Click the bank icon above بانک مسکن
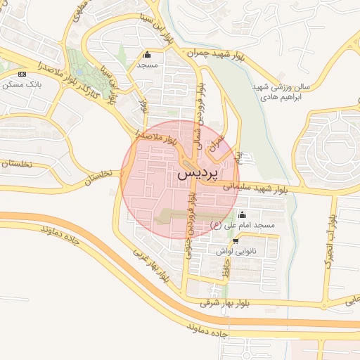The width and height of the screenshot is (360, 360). [21, 74]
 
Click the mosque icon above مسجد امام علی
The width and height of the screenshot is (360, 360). [243, 214]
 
